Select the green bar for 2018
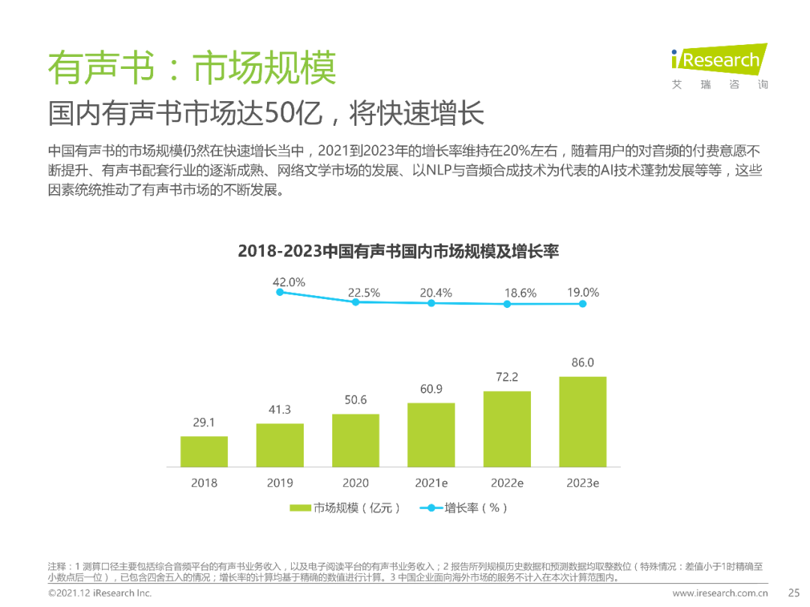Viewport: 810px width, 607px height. point(204,451)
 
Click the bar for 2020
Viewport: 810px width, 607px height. point(355,441)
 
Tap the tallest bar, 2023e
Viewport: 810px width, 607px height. point(583,421)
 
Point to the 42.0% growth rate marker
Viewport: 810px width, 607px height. point(280,292)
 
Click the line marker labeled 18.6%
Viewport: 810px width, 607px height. point(507,304)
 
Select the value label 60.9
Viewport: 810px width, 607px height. point(431,389)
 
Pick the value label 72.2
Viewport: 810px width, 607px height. point(507,377)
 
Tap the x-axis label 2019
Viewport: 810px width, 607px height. point(280,483)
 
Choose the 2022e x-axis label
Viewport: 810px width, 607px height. point(507,483)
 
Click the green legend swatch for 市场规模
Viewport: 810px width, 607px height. point(300,508)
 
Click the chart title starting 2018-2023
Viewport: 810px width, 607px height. point(398,251)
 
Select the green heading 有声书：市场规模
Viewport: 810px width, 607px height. point(191,69)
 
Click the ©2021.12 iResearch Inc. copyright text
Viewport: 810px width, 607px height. point(100,593)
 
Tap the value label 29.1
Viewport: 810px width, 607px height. point(204,423)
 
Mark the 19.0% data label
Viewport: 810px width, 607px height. point(583,293)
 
